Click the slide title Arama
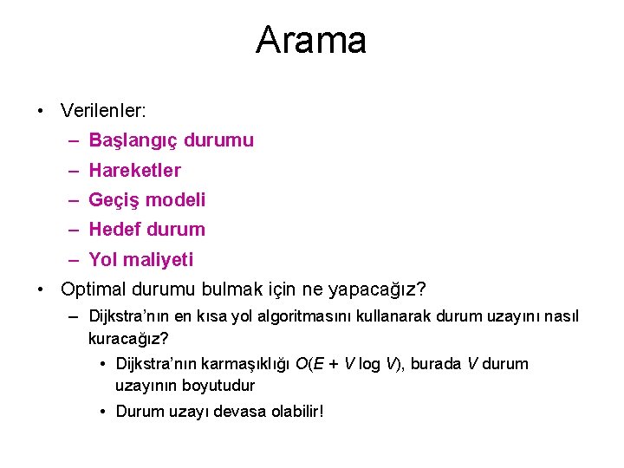coord(311,40)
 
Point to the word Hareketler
coord(134,170)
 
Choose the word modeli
coord(176,200)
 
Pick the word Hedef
coord(114,230)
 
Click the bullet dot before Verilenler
coord(41,111)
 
